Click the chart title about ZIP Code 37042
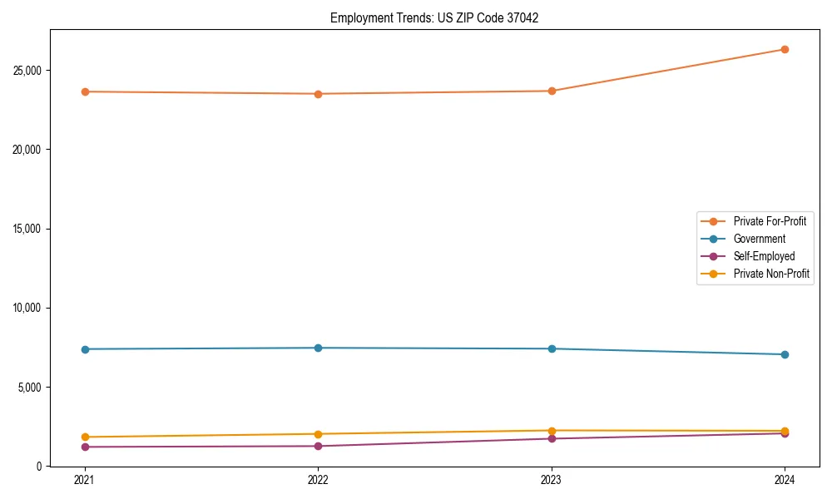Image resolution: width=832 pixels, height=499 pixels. point(434,17)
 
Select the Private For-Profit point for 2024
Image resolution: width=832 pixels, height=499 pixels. point(785,49)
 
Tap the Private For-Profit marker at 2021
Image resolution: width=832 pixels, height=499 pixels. point(85,91)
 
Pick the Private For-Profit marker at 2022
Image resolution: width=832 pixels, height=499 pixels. point(318,94)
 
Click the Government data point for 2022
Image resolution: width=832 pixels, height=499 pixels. point(318,348)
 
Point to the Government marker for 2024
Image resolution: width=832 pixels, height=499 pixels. point(785,354)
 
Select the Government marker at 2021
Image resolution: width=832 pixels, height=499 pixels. point(85,349)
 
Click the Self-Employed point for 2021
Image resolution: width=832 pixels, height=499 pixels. point(85,447)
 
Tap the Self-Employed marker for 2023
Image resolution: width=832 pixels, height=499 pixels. point(552,438)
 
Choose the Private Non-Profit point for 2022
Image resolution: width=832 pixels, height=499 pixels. point(318,434)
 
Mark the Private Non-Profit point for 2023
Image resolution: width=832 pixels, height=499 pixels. point(552,431)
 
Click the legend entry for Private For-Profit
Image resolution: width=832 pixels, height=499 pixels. point(769,221)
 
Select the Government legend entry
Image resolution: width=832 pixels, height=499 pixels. point(759,239)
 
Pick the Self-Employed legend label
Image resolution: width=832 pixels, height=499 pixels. point(764,256)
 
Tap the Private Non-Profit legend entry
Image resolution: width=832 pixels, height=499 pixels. point(771,274)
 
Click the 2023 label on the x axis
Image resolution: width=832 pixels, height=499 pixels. point(552,480)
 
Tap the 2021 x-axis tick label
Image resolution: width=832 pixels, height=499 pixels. point(85,480)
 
